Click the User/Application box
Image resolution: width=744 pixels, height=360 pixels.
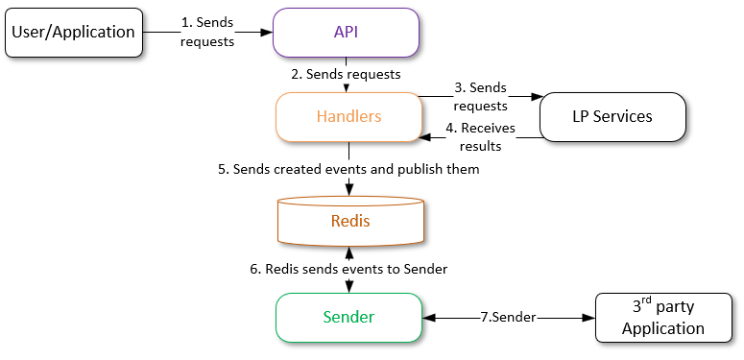tap(73, 32)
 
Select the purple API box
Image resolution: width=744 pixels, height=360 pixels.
tap(346, 32)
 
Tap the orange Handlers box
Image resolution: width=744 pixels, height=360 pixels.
tap(348, 116)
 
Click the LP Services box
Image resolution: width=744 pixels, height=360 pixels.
tap(612, 116)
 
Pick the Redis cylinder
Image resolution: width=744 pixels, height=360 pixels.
tap(349, 221)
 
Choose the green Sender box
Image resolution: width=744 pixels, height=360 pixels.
tap(348, 317)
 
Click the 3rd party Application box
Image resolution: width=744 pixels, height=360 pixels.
tap(662, 318)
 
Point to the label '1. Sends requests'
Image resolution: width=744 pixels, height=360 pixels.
tap(206, 32)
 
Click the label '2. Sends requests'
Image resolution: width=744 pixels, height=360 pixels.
tap(346, 73)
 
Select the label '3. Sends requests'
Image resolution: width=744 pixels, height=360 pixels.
tap(480, 95)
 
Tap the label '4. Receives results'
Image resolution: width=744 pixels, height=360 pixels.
tap(482, 136)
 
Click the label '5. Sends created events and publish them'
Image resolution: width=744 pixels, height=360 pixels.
tap(348, 169)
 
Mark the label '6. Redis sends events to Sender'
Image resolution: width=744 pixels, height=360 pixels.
tap(348, 270)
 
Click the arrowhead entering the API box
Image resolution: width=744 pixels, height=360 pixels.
tap(267, 32)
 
